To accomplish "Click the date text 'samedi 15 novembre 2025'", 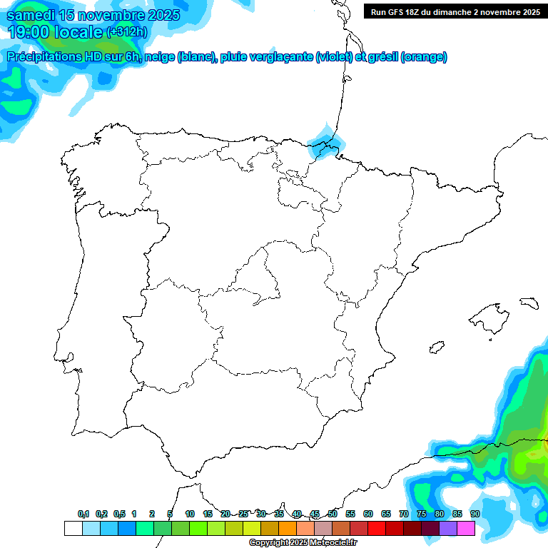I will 93,15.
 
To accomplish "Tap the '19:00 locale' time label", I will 55,31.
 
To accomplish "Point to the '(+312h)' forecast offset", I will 126,32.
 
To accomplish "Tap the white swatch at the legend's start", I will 73,528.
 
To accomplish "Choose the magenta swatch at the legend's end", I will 466,528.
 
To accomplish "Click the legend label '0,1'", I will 83,514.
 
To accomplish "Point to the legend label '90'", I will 475,514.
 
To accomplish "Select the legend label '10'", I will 190,514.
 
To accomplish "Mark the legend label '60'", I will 368,514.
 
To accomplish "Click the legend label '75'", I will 422,514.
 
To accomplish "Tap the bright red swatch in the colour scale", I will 377,528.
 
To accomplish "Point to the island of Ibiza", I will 436,347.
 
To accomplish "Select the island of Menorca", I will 529,303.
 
